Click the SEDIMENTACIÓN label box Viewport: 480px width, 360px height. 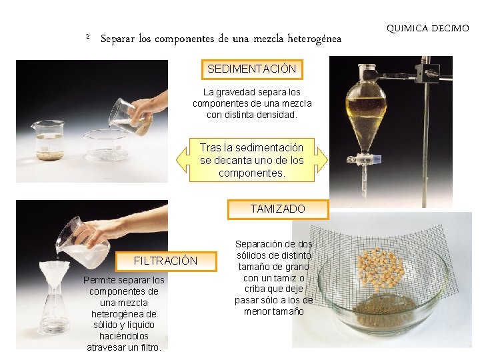tap(252, 69)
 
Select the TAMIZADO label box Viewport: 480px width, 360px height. tap(278, 210)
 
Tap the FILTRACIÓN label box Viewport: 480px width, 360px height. tap(166, 261)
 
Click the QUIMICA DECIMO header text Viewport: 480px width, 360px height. tap(427, 29)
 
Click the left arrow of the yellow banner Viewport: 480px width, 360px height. tap(183, 159)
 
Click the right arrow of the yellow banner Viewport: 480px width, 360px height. tap(321, 159)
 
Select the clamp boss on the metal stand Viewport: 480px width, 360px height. tap(427, 73)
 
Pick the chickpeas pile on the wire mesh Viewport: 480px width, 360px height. tap(381, 269)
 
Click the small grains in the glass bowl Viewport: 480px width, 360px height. tap(385, 309)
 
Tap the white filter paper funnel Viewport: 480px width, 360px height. tap(55, 275)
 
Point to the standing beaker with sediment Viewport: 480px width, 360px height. tap(48, 140)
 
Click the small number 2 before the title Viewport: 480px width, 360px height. tap(88, 37)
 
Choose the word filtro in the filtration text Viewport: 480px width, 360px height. tap(151, 348)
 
